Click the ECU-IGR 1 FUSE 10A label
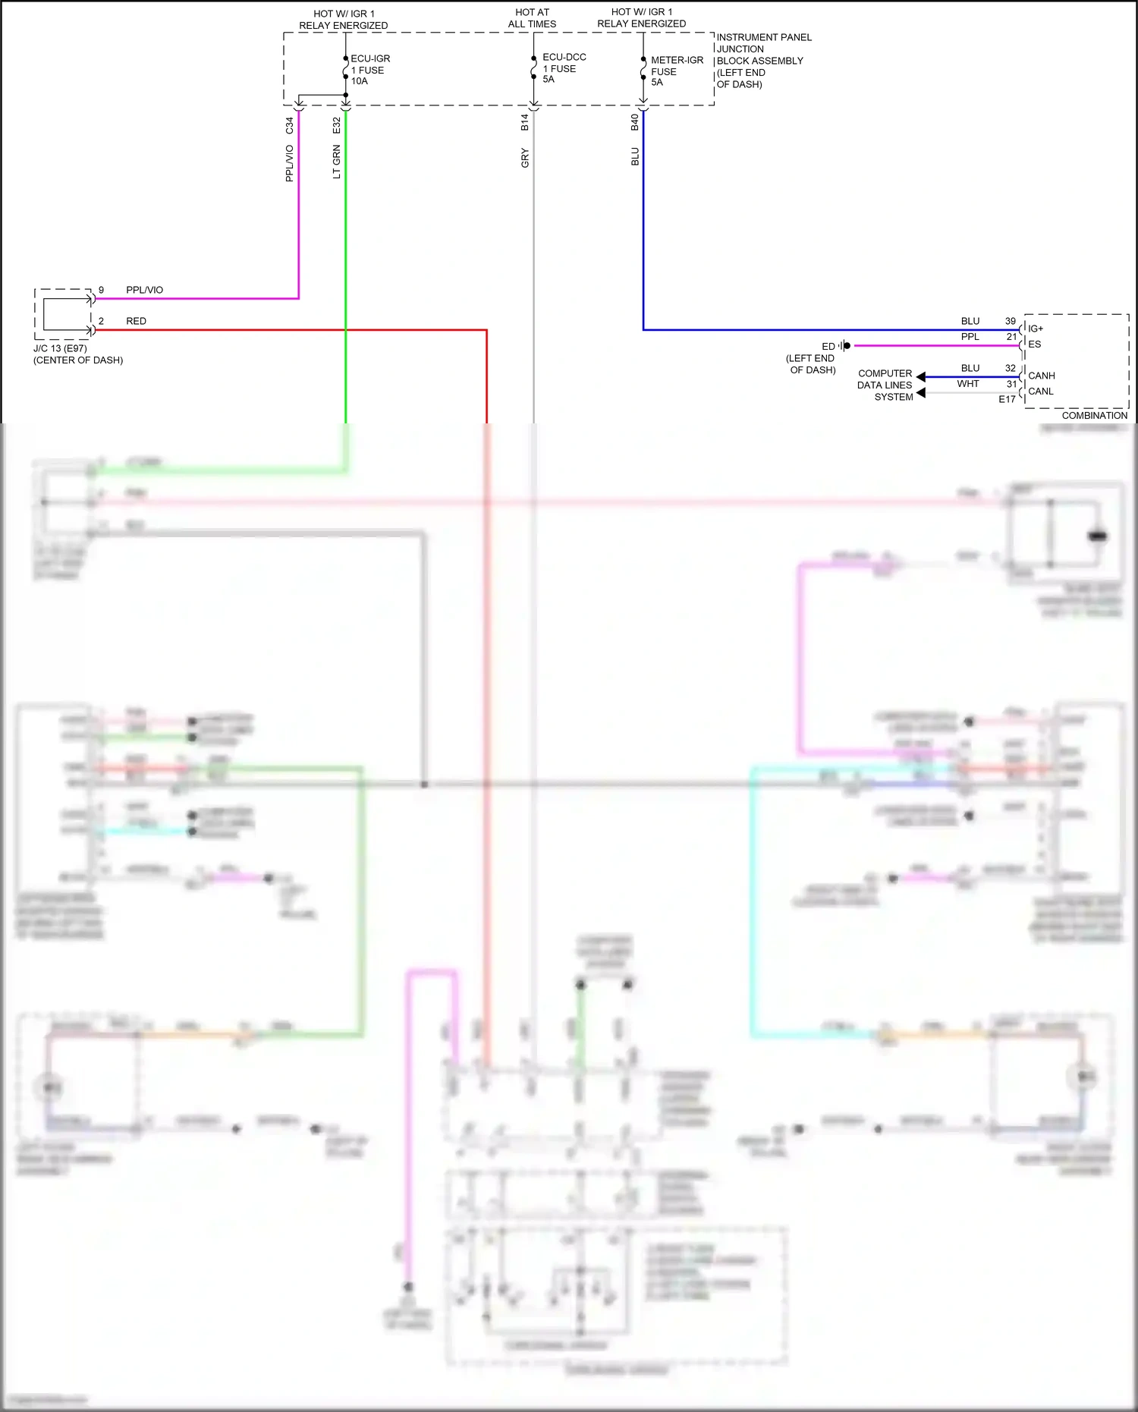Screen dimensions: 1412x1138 (369, 70)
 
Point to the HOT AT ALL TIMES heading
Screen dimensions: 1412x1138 (532, 18)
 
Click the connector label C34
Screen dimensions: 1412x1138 (289, 126)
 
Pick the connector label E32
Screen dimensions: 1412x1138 (336, 126)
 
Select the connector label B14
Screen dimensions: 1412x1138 (524, 123)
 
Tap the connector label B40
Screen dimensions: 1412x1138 (634, 123)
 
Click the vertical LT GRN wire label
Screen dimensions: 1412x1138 (336, 162)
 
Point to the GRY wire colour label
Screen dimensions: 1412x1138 (524, 158)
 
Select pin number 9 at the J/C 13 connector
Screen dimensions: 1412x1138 (101, 290)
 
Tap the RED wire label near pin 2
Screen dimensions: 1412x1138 (136, 321)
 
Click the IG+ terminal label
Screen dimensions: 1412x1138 (1035, 329)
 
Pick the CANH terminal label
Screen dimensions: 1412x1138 (1041, 376)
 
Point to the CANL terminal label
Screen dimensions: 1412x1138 (1040, 392)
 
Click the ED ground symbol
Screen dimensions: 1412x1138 (844, 346)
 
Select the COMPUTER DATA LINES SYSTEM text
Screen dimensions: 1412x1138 (885, 385)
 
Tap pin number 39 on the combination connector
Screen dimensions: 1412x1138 (1010, 321)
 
